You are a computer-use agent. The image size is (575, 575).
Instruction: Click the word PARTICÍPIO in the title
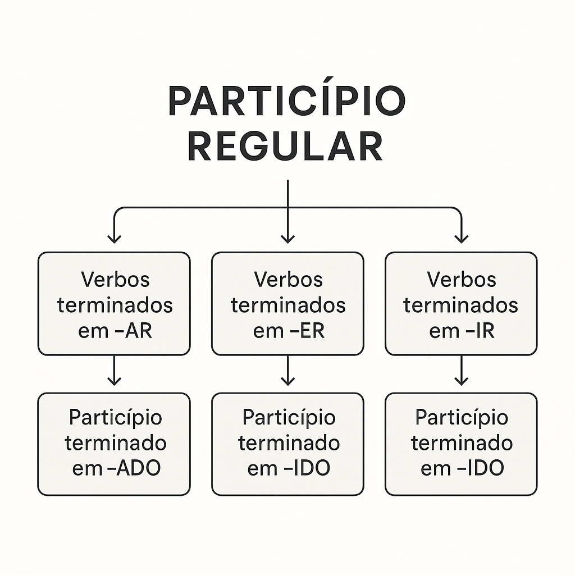(x=286, y=102)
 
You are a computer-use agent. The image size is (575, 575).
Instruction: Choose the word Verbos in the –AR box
(x=115, y=279)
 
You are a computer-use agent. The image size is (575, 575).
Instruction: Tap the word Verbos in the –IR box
(x=461, y=279)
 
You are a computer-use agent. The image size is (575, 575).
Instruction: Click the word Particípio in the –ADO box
(x=115, y=417)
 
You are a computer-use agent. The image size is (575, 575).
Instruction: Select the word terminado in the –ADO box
(x=115, y=443)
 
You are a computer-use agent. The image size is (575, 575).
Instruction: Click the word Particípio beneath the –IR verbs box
(x=461, y=417)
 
